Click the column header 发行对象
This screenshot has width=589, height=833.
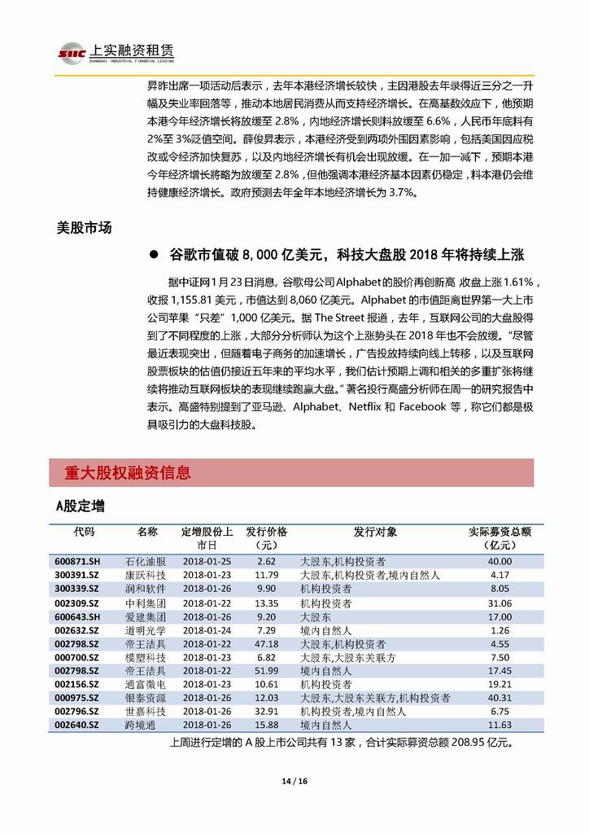375,532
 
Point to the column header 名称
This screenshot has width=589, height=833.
147,532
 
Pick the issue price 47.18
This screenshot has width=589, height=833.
266,643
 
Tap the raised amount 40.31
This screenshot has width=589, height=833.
500,698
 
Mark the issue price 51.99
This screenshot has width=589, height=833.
266,670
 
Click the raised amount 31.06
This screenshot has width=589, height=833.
500,603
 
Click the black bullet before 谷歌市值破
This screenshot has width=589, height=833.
153,255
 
